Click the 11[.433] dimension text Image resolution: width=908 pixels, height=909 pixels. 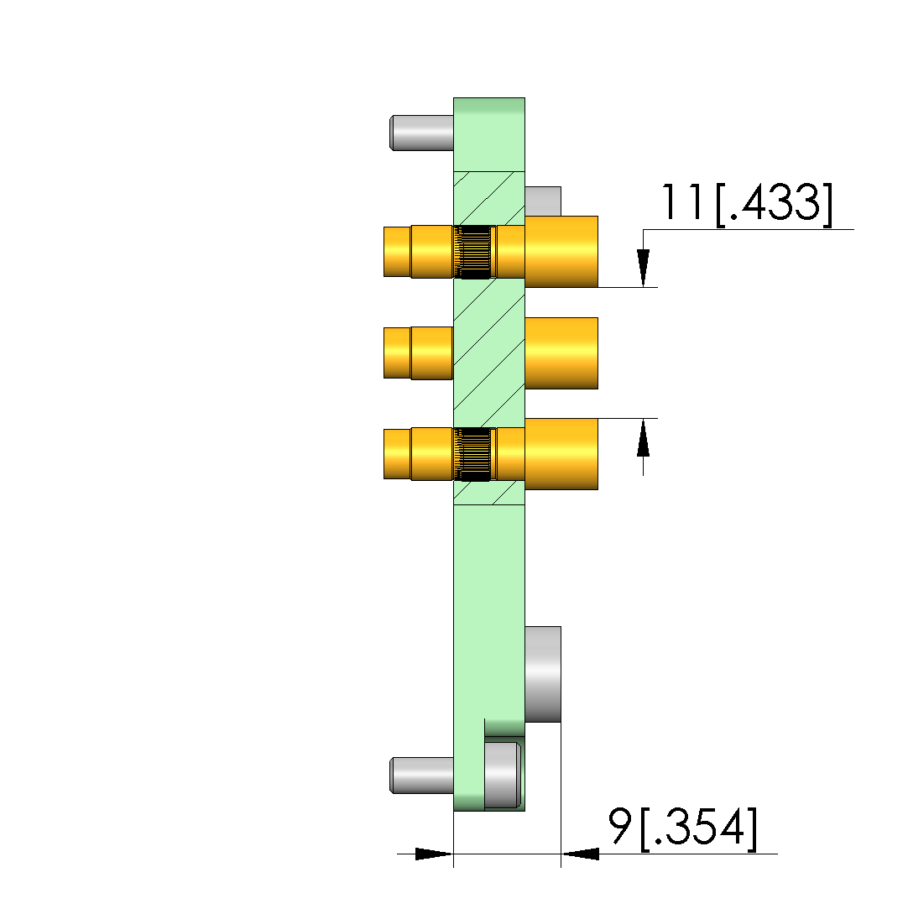(747, 203)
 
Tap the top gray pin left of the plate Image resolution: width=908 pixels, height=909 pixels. (421, 133)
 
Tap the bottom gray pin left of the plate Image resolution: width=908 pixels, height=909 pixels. (421, 775)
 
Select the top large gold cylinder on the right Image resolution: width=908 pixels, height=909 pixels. (561, 252)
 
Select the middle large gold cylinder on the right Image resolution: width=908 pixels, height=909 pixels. (561, 353)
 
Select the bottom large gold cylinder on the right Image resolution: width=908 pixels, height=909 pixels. (561, 454)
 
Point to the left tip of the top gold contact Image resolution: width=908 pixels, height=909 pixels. (384, 252)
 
